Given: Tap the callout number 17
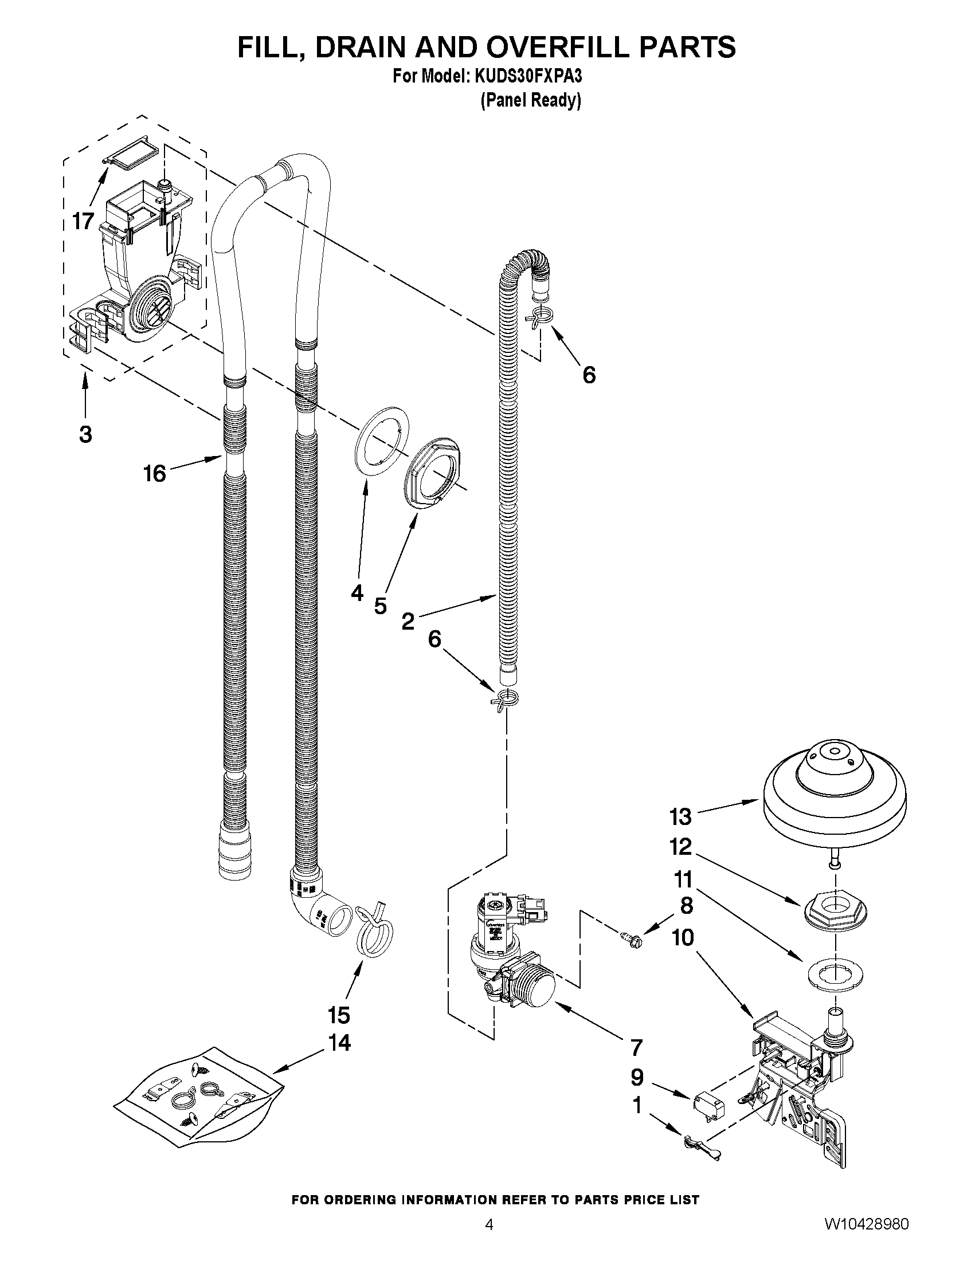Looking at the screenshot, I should coord(83,221).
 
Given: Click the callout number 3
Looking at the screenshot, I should coord(85,434).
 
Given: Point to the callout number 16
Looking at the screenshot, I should coord(155,474).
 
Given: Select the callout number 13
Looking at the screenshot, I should coord(680,817).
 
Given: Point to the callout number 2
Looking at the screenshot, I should coord(408,622).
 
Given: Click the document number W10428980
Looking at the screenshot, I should coord(866,1236).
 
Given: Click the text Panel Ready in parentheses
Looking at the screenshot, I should coord(530,100).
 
